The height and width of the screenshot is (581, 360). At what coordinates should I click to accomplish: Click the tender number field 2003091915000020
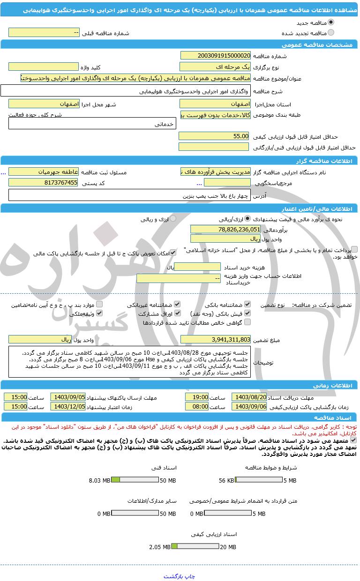click(215, 55)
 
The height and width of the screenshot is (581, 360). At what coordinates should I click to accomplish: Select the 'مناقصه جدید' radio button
click(331, 22)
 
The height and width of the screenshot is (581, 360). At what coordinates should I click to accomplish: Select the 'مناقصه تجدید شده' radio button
click(331, 33)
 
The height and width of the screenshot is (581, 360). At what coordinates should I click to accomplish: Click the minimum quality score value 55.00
click(214, 136)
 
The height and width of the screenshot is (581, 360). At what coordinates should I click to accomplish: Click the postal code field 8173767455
click(43, 183)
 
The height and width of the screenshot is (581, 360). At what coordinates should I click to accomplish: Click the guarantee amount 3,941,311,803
click(215, 339)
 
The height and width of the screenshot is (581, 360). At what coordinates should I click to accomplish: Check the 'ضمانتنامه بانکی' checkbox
click(247, 305)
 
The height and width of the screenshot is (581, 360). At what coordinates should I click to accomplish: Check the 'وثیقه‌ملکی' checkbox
click(98, 313)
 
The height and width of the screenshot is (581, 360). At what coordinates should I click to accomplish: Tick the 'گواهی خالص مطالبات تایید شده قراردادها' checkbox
click(247, 322)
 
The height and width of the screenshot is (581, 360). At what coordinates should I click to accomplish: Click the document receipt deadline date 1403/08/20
click(249, 397)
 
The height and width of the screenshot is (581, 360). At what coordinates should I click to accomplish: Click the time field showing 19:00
click(196, 397)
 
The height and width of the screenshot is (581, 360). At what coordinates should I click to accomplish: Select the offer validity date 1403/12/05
click(68, 406)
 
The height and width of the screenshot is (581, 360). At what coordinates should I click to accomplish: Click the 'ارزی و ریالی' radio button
click(173, 219)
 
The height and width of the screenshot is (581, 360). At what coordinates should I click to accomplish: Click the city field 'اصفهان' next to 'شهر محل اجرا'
click(43, 104)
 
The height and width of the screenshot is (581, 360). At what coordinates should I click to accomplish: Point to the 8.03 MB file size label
click(99, 480)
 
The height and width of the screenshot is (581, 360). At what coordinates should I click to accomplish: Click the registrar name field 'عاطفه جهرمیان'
click(43, 172)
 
